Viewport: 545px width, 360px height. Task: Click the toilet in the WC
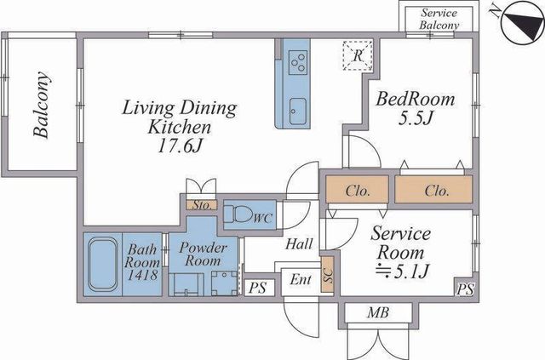[x=238, y=214]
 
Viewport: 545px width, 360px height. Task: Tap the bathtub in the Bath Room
[x=102, y=264]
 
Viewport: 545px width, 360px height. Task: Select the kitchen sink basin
[x=298, y=111]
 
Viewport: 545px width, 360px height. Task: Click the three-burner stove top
[x=299, y=62]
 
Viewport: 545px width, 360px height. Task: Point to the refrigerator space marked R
[x=358, y=55]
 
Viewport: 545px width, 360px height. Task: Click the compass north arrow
[x=522, y=23]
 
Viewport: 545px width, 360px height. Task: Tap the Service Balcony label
[x=439, y=19]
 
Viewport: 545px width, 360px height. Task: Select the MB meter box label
[x=378, y=312]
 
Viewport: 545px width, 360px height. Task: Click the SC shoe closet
[x=327, y=274]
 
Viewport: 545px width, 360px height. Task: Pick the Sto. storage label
[x=202, y=205]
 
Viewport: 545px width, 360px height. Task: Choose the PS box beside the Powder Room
[x=258, y=288]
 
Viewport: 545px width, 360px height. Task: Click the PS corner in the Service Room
[x=465, y=289]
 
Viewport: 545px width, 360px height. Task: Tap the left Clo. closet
[x=357, y=190]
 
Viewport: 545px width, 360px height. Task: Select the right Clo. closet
[x=433, y=190]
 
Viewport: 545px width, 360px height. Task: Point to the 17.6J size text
[x=180, y=146]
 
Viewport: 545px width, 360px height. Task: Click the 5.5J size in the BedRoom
[x=416, y=118]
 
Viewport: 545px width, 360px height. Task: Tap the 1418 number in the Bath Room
[x=142, y=275]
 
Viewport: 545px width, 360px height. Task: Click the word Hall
[x=299, y=244]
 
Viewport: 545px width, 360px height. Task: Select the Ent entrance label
[x=301, y=279]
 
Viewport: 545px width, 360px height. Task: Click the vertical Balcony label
[x=42, y=105]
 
